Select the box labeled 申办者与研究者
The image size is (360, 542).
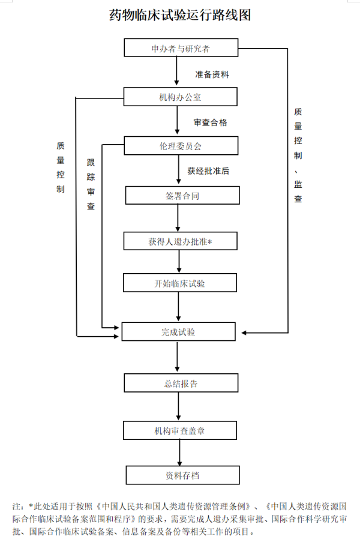(181, 48)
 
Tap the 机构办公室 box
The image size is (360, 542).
(181, 97)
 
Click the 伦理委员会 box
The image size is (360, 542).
(181, 146)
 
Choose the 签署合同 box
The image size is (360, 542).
(181, 196)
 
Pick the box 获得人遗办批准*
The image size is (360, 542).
(181, 241)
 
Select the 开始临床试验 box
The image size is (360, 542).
(181, 283)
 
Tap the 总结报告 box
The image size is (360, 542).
(181, 383)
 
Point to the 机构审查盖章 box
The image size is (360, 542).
(181, 430)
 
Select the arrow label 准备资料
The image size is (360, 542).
(212, 75)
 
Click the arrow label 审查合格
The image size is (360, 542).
(210, 122)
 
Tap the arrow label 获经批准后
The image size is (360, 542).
(208, 171)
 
